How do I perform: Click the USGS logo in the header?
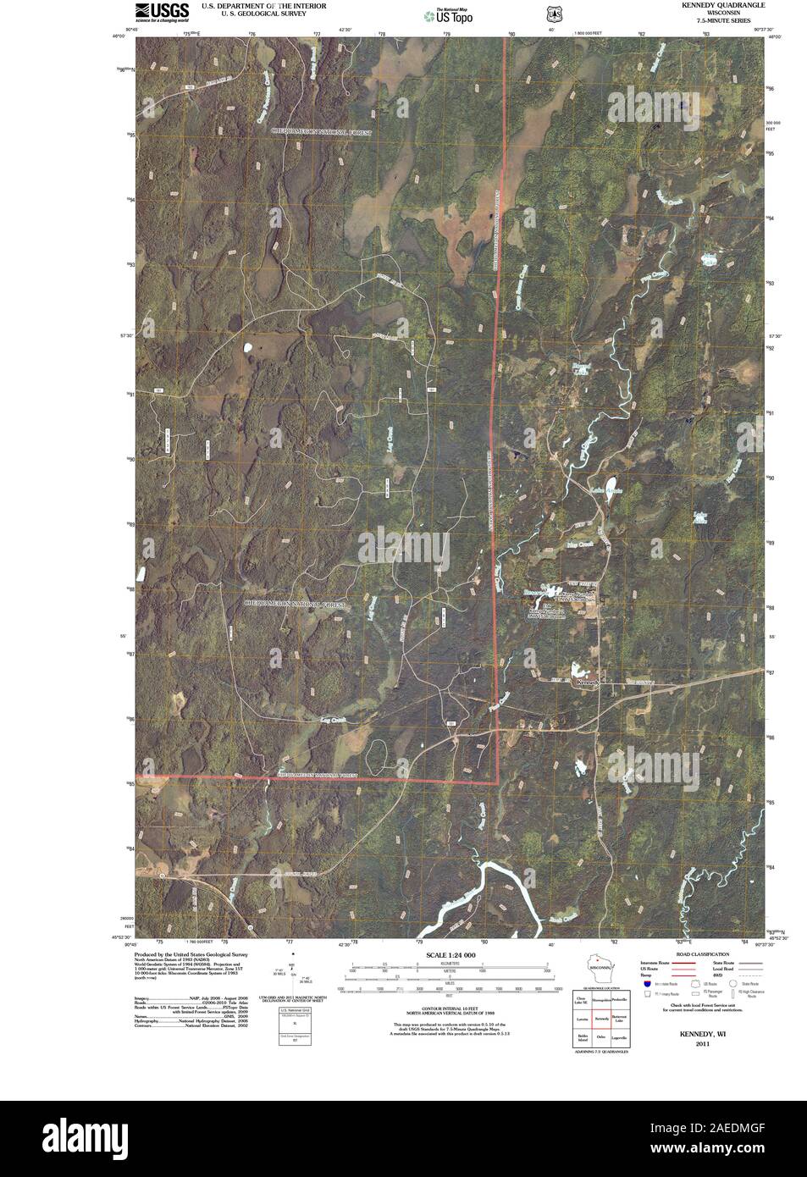click(x=161, y=11)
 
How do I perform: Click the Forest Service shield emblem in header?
click(x=553, y=14)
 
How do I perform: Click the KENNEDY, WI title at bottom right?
click(x=696, y=1034)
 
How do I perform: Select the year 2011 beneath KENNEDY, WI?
click(x=696, y=1043)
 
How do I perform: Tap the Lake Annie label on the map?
click(x=606, y=489)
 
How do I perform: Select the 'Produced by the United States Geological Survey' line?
click(x=187, y=953)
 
